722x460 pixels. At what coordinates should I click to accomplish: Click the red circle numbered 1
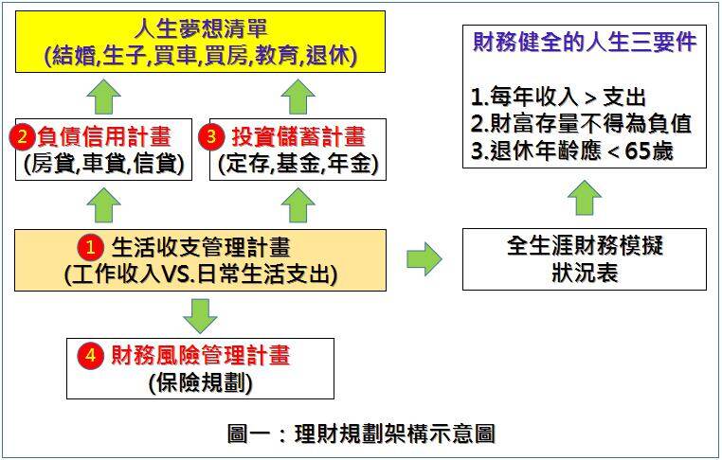pos(90,248)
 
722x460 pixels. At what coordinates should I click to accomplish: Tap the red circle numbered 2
pos(22,136)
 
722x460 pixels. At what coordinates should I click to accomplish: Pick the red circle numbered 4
pos(90,356)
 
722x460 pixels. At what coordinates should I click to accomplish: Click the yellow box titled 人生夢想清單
pos(200,43)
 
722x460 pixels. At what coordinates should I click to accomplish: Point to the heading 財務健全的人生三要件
pos(584,43)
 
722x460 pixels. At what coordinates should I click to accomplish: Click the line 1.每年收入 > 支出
pos(557,97)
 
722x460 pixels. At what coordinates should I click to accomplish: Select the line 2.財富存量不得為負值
pos(581,123)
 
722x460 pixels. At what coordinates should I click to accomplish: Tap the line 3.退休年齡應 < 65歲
pos(571,150)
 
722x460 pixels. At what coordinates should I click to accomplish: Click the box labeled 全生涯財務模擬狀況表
pos(584,259)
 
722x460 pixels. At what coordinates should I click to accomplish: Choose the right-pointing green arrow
pos(424,258)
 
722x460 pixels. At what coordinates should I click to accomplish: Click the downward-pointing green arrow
pos(200,314)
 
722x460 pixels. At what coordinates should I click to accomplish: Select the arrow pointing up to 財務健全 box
pos(585,197)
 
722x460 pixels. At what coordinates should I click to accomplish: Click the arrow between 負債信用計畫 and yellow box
pos(105,96)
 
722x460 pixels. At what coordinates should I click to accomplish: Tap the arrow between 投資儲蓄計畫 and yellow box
pos(299,96)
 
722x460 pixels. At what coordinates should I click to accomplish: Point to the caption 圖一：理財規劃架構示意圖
pos(361,434)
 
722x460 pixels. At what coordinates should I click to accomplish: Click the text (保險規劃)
pos(200,383)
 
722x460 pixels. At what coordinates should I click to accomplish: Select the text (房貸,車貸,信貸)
pos(105,165)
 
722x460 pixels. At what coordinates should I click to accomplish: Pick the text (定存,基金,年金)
pos(298,165)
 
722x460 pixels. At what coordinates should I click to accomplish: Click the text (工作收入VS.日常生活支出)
pos(200,275)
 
